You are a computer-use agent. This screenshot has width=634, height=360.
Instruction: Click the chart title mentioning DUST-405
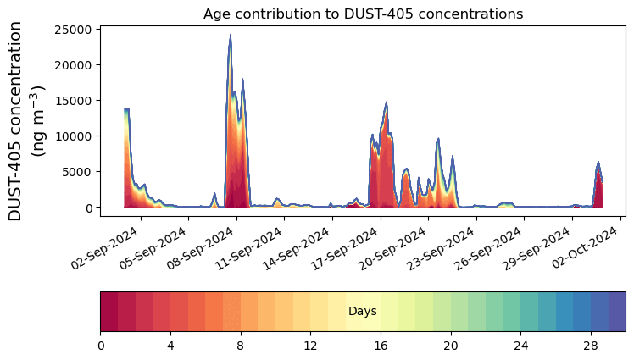point(363,14)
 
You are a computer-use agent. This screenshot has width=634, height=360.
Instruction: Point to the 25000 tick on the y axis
point(73,30)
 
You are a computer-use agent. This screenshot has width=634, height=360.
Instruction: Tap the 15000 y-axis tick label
point(73,101)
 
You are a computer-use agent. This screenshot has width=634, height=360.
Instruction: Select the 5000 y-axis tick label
point(76,172)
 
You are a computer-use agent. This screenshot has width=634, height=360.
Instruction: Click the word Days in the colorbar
point(362,312)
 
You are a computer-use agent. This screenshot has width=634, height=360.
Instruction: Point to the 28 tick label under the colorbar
point(591,346)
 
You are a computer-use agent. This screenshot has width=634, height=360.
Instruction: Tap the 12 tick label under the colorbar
point(310,346)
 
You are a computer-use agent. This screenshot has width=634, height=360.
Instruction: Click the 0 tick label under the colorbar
point(101,346)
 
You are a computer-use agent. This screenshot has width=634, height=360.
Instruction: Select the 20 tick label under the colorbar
point(450,346)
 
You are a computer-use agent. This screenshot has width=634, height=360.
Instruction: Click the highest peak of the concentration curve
point(231,36)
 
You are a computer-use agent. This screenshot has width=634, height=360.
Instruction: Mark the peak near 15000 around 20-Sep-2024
point(387,102)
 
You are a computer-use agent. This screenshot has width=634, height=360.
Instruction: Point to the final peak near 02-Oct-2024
point(598,163)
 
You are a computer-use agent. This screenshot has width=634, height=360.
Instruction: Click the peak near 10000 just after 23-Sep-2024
point(438,139)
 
